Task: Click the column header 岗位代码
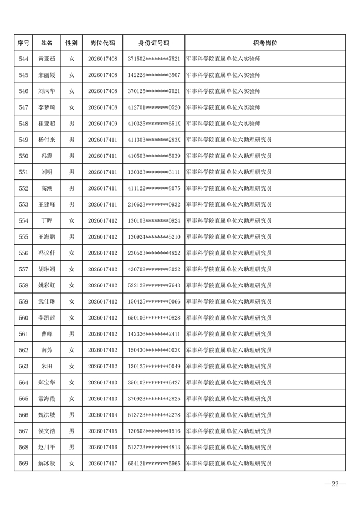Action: pyautogui.click(x=102, y=43)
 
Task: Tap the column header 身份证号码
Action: pyautogui.click(x=154, y=43)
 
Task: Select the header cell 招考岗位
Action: pyautogui.click(x=265, y=43)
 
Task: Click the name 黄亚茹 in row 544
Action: pyautogui.click(x=47, y=59)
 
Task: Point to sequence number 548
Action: pyautogui.click(x=23, y=124)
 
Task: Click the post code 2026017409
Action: pyautogui.click(x=102, y=124)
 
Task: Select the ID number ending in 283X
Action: pyautogui.click(x=154, y=140)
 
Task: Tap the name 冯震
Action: pyautogui.click(x=47, y=156)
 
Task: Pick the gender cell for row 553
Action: pyautogui.click(x=71, y=204)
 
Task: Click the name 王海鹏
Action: pyautogui.click(x=47, y=237)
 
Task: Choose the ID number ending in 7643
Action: pyautogui.click(x=154, y=285)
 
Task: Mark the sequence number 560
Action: pyautogui.click(x=23, y=318)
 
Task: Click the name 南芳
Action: pyautogui.click(x=47, y=350)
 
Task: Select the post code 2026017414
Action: pyautogui.click(x=102, y=415)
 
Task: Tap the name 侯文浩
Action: pyautogui.click(x=47, y=431)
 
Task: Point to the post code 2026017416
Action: pyautogui.click(x=102, y=447)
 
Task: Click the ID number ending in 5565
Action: pyautogui.click(x=154, y=464)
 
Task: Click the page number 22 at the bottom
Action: pyautogui.click(x=335, y=484)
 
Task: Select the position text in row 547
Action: pyautogui.click(x=223, y=107)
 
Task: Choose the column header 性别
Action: pyautogui.click(x=71, y=43)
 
